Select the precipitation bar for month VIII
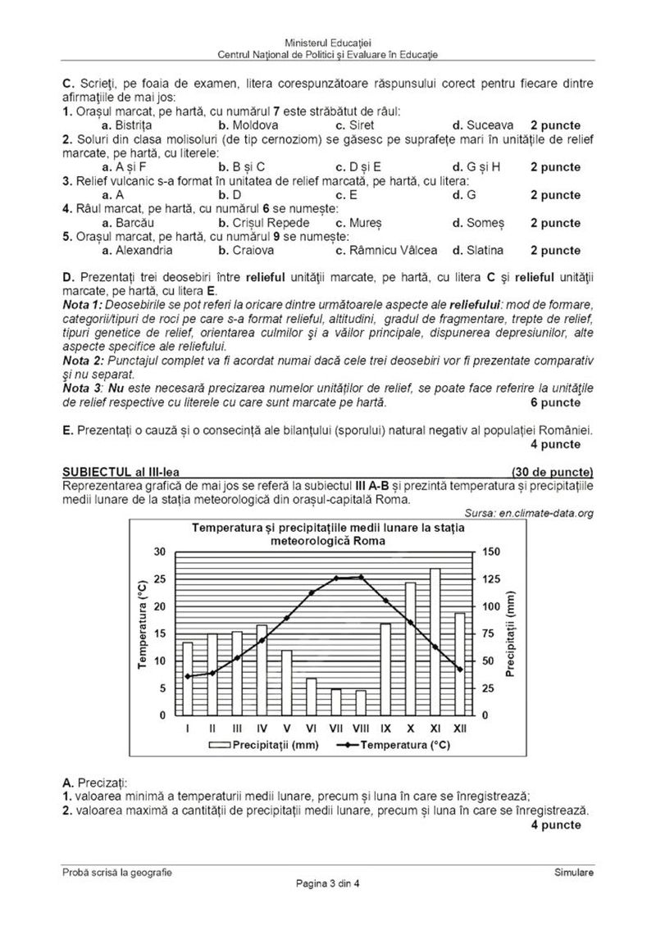361,702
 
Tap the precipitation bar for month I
188,679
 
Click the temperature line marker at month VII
336,579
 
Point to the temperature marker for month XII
460,670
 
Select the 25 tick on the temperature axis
160,579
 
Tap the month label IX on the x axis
385,728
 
